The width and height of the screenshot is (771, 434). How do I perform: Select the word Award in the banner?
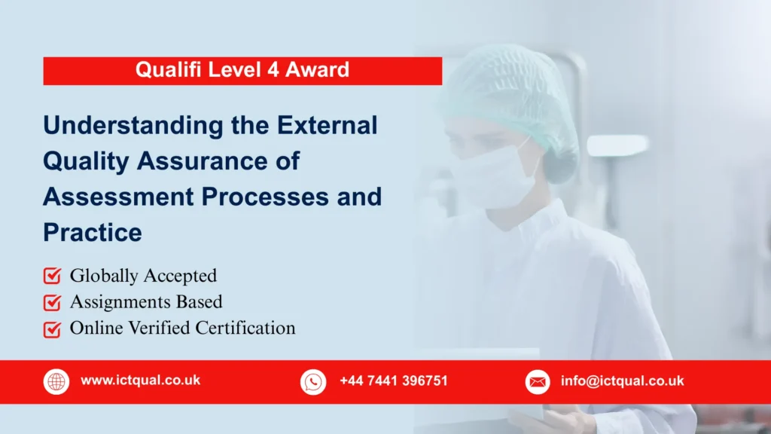(x=317, y=71)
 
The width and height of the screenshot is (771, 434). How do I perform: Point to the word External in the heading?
(x=328, y=125)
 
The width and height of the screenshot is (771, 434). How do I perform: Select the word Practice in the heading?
(x=92, y=232)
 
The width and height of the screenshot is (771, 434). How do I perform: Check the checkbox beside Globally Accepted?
(x=52, y=277)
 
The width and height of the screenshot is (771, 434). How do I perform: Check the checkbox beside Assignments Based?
(x=52, y=303)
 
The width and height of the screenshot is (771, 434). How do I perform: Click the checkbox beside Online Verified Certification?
(x=52, y=329)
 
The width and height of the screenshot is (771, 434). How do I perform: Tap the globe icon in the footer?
(x=56, y=382)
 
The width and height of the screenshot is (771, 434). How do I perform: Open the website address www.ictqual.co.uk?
(x=141, y=381)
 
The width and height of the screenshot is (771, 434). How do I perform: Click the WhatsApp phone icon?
(x=313, y=382)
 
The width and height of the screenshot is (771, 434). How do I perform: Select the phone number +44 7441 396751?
(x=393, y=381)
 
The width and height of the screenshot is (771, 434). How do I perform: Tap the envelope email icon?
(x=537, y=382)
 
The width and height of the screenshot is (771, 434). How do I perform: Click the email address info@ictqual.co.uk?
(x=622, y=381)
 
